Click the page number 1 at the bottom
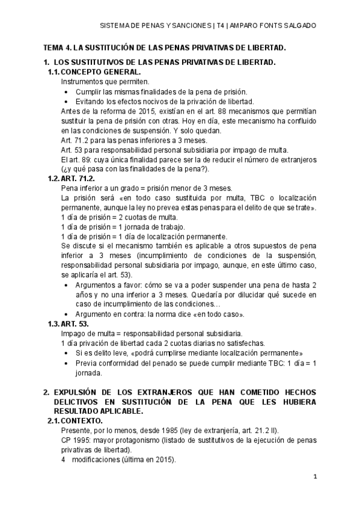point(315,476)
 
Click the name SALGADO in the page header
point(299,26)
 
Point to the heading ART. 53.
point(74,324)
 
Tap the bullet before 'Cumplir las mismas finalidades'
point(66,92)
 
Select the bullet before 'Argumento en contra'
point(66,314)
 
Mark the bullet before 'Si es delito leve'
point(66,353)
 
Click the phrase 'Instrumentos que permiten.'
point(105,82)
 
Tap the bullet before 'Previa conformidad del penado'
point(66,363)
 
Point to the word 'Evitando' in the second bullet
point(91,102)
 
